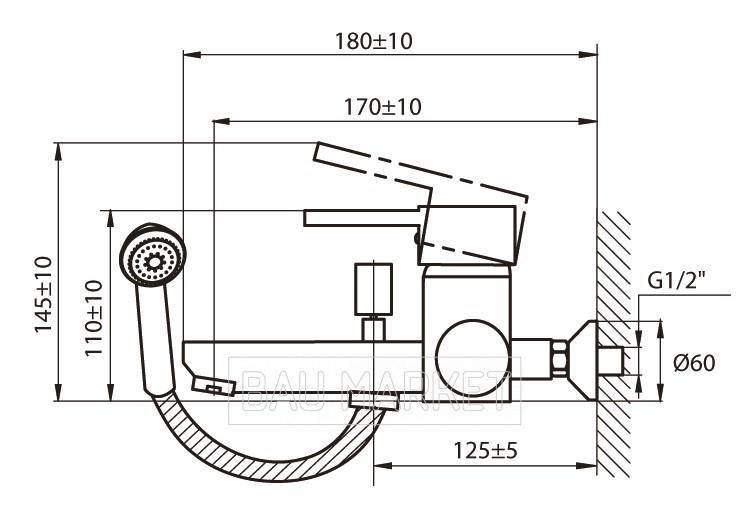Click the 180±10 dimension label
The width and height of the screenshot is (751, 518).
coord(373,41)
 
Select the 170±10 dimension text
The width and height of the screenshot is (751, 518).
coord(383,107)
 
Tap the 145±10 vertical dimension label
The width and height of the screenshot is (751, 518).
coord(43,294)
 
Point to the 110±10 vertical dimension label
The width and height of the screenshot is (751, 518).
coord(94,318)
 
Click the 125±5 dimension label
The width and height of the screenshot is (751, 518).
coord(485,450)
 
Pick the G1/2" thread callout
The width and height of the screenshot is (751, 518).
coord(677,281)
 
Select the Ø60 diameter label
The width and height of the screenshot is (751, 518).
coord(694,362)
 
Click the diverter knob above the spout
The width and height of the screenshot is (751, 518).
coord(373,289)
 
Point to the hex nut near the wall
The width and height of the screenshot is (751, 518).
coord(559,359)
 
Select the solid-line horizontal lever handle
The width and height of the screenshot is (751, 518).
coord(363,218)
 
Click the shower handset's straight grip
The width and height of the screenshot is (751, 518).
coord(155,340)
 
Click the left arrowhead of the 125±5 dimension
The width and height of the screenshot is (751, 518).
coord(382,465)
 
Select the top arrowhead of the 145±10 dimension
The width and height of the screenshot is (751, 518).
coord(58,152)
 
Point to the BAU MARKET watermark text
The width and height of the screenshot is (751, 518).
coord(375,391)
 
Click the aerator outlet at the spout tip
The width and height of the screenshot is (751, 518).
coord(214,385)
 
